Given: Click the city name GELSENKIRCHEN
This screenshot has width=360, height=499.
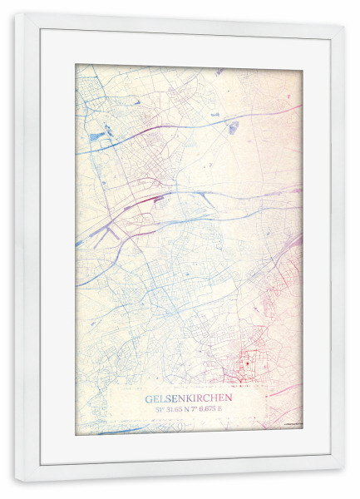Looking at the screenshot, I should (189, 398).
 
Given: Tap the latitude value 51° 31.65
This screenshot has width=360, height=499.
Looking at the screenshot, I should (172, 409).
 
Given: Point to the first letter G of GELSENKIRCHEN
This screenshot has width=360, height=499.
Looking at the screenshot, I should (149, 398).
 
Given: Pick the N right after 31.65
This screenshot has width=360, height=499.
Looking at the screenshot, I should (192, 409).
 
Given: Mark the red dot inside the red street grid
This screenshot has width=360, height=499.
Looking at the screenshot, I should (248, 363).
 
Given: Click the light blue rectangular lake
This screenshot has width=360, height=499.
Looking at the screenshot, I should (98, 135).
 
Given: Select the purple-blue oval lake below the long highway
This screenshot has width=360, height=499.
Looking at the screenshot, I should (234, 127).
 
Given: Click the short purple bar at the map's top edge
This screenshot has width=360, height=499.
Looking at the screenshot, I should (218, 72).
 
